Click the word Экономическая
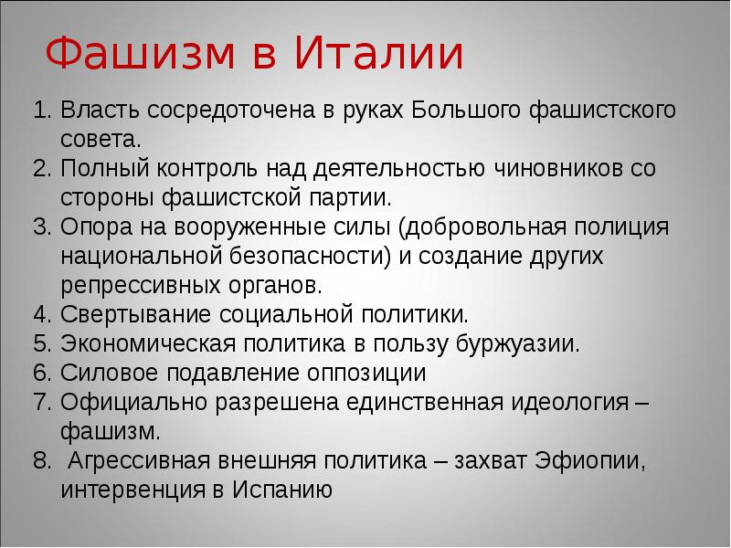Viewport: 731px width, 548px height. [x=146, y=344]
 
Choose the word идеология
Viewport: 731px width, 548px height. [x=577, y=402]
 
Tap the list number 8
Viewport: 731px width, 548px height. [x=39, y=460]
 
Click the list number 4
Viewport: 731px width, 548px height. [x=39, y=315]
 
